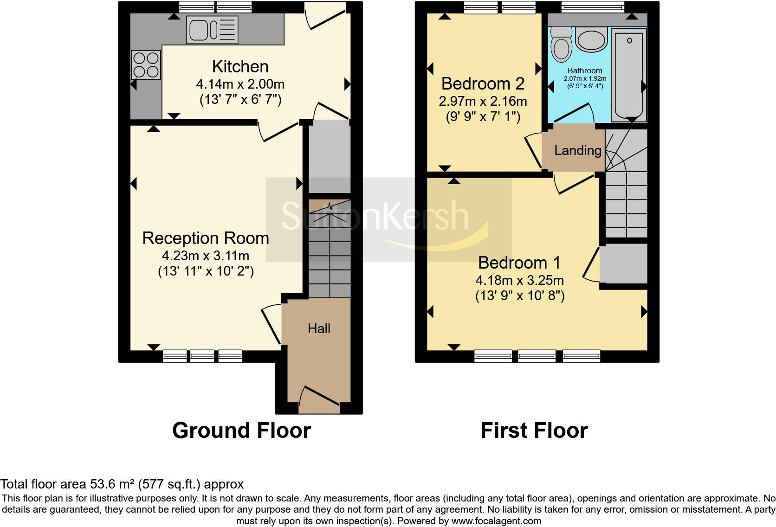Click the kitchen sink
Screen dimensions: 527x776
pyautogui.click(x=212, y=30)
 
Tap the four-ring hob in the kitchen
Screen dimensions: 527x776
pyautogui.click(x=146, y=65)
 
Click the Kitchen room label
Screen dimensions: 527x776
pyautogui.click(x=240, y=67)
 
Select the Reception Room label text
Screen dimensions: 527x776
pyautogui.click(x=206, y=238)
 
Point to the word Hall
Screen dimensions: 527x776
pyautogui.click(x=319, y=328)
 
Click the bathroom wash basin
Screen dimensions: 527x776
pyautogui.click(x=591, y=40)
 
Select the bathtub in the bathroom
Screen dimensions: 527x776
pyautogui.click(x=629, y=74)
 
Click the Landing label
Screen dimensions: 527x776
pyautogui.click(x=577, y=150)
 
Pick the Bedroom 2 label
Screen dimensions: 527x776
pyautogui.click(x=483, y=84)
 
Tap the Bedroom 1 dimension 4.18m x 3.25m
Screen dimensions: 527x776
pyautogui.click(x=519, y=280)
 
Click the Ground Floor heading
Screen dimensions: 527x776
pyautogui.click(x=241, y=431)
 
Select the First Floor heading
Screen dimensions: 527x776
pyautogui.click(x=534, y=431)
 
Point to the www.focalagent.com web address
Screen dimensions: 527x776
pyautogui.click(x=496, y=521)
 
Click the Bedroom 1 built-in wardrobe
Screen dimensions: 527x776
pyautogui.click(x=624, y=263)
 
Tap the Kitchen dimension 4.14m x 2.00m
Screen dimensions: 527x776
pyautogui.click(x=240, y=84)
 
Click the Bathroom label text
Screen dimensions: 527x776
pyautogui.click(x=585, y=71)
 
